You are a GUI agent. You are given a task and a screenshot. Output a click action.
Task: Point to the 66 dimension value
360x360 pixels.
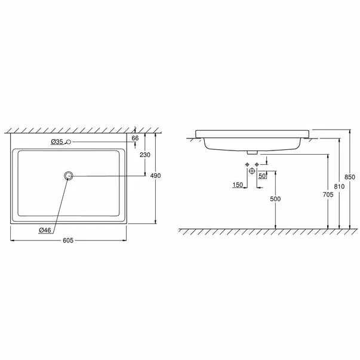tap(135, 137)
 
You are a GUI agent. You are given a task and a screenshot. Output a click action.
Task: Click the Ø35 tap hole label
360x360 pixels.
tap(57, 141)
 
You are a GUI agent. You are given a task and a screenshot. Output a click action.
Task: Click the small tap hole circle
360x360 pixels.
tap(70, 141)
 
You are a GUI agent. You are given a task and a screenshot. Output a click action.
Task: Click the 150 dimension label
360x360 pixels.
tap(238, 186)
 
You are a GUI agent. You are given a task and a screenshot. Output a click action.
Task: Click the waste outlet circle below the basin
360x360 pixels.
tap(252, 171)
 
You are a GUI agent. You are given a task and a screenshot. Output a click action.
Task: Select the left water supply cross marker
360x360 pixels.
tap(246, 164)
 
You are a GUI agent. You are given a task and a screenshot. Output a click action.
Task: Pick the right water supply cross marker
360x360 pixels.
tap(257, 164)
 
